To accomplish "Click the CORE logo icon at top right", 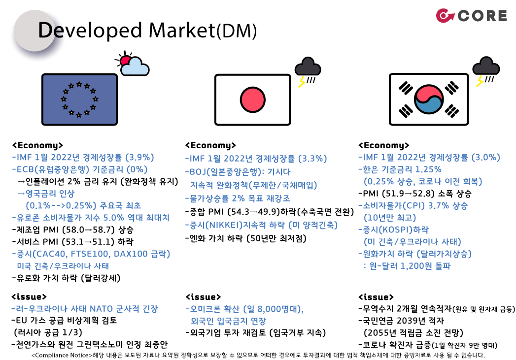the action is click(x=445, y=16).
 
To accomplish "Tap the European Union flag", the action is click(x=79, y=98).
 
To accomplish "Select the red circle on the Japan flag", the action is click(x=252, y=99).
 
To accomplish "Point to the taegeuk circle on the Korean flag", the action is click(x=427, y=99).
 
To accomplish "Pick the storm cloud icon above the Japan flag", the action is click(x=307, y=71).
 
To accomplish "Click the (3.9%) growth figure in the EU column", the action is click(x=140, y=158).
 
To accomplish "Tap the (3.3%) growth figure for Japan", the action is click(x=312, y=159).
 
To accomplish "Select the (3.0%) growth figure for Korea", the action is click(x=485, y=158).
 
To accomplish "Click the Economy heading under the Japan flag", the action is click(x=210, y=145).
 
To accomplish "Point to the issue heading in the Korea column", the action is click(x=376, y=297).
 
